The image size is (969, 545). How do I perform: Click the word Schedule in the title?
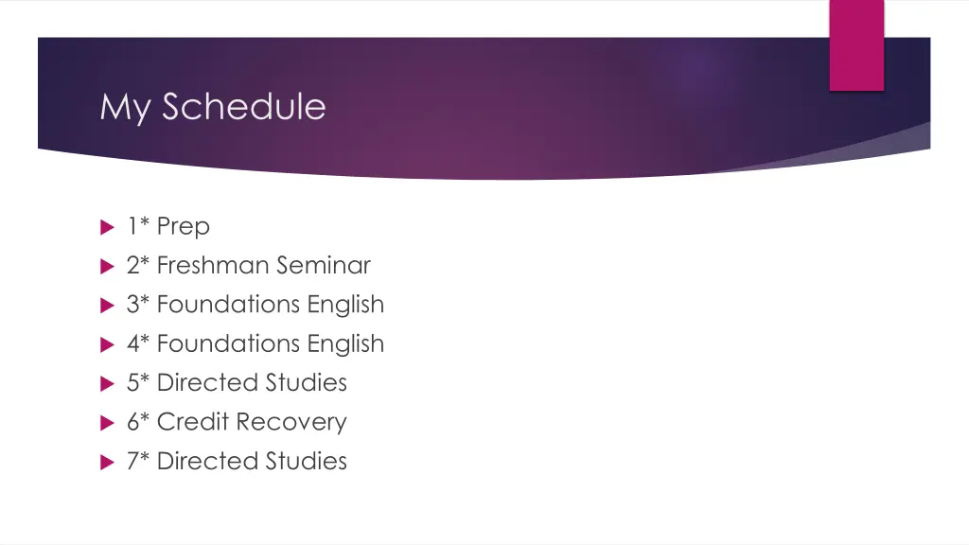243,106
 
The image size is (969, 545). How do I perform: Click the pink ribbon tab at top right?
856,45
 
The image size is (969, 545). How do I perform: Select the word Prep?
184,227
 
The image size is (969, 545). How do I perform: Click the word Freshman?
213,266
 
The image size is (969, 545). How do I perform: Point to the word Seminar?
324,266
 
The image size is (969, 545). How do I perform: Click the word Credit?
193,422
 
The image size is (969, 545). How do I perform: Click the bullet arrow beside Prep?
105,227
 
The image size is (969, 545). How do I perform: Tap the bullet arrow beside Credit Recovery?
105,423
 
